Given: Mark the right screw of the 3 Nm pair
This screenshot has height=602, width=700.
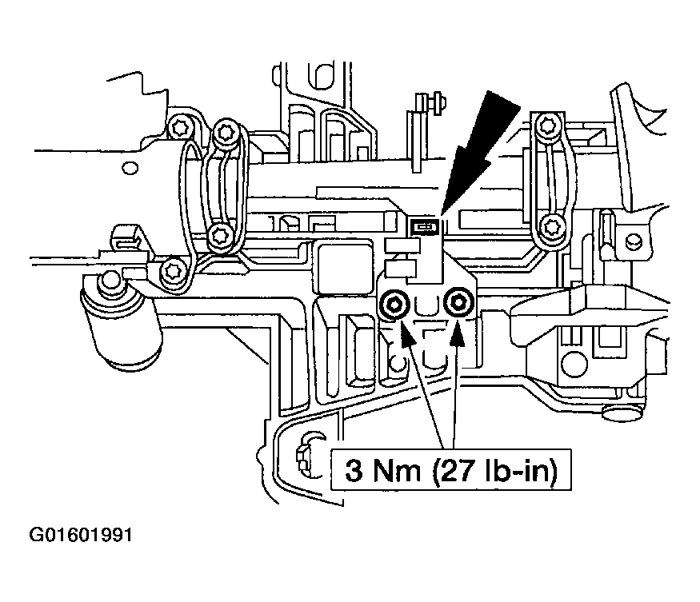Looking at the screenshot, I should coord(458,301).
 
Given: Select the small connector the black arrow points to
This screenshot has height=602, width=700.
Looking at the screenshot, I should coord(423,227).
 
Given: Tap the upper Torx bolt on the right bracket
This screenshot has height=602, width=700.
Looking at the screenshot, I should coord(546,125).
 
